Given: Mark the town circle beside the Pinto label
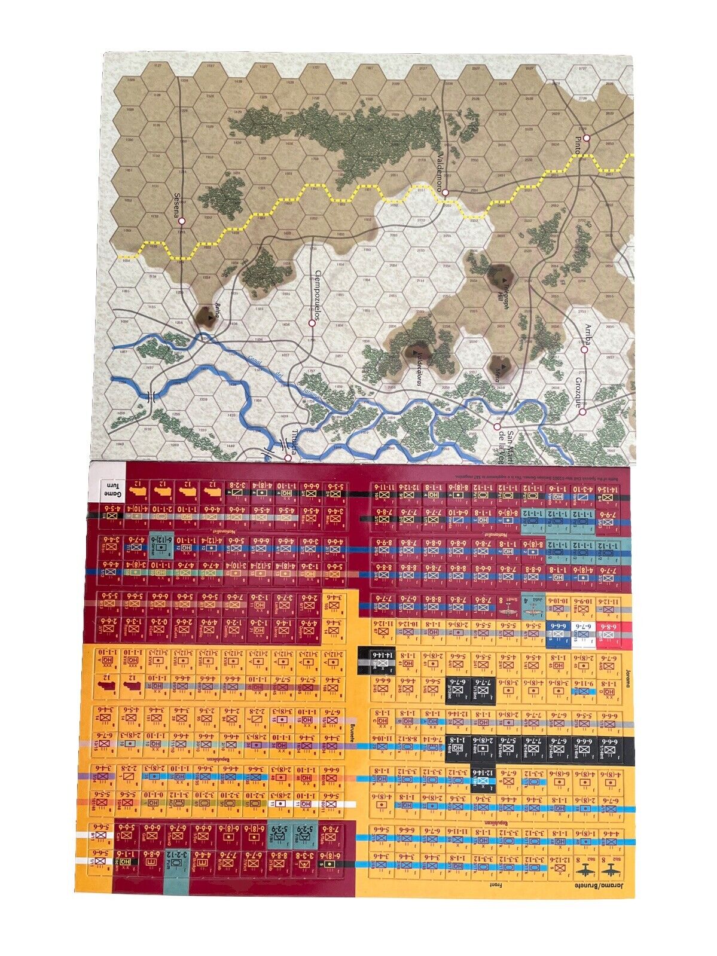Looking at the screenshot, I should (x=587, y=138).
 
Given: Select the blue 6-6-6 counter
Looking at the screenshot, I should (x=558, y=630).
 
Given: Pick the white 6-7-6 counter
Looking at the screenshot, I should (x=584, y=630).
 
